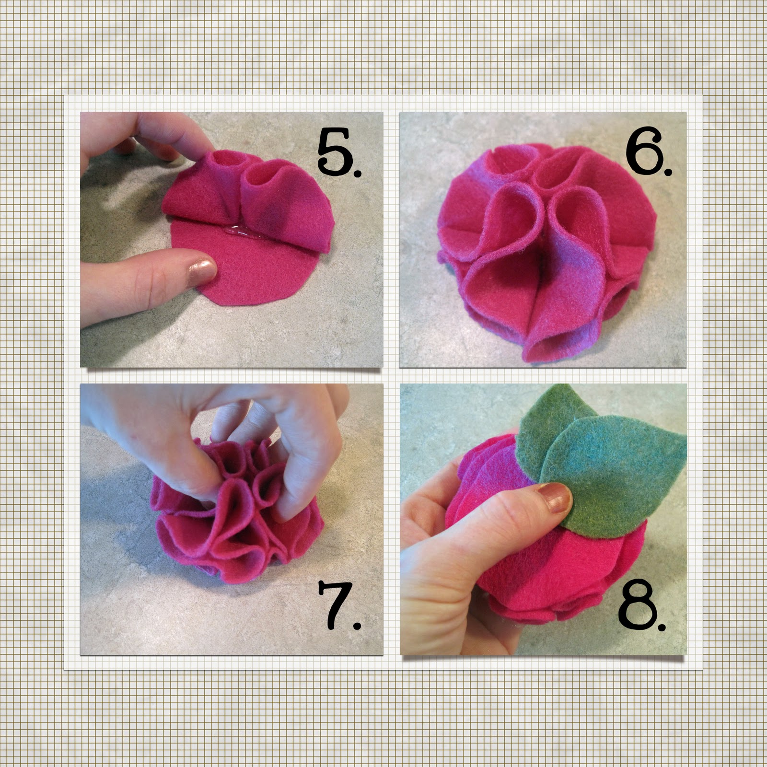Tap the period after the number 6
[x=667, y=168]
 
